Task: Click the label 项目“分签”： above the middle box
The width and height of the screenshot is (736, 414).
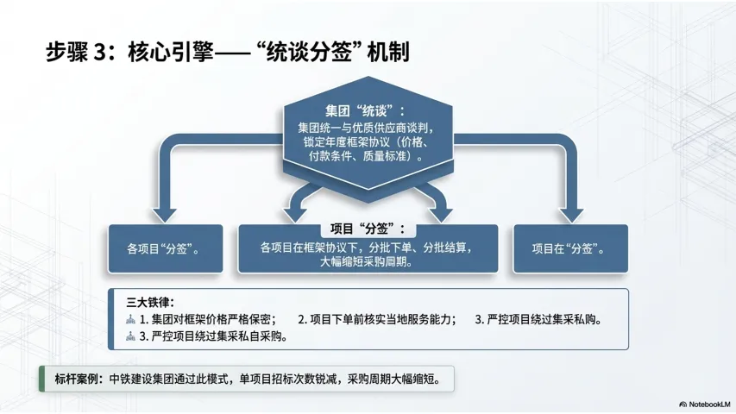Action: tap(368, 230)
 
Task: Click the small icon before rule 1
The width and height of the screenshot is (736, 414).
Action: tap(131, 319)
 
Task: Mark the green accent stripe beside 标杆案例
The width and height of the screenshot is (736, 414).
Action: tap(43, 378)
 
